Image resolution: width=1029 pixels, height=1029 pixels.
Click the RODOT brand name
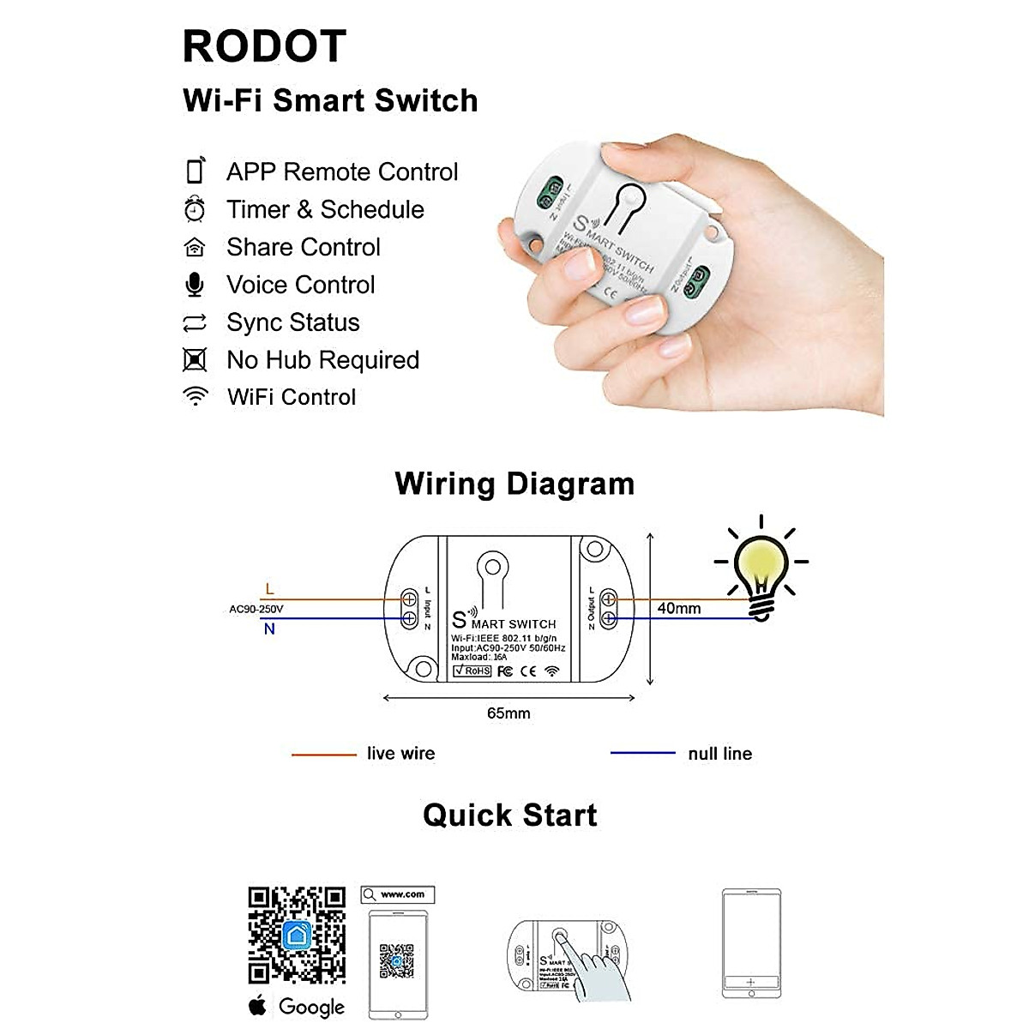(264, 47)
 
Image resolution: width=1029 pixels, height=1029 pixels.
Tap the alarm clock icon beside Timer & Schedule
(196, 209)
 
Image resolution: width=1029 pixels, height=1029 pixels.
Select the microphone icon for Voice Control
(196, 285)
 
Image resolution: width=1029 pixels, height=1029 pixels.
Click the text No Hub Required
(322, 360)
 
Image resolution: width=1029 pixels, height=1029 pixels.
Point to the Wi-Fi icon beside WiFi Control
(196, 396)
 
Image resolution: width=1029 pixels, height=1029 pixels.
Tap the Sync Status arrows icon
(196, 323)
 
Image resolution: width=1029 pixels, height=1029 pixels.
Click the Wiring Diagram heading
(514, 484)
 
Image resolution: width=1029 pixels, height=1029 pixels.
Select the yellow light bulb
(761, 566)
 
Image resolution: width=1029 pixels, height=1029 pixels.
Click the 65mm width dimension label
(508, 713)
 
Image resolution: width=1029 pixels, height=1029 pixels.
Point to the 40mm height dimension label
(679, 608)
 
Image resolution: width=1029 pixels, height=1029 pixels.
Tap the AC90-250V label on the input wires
(256, 609)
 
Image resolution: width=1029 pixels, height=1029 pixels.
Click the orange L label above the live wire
(270, 589)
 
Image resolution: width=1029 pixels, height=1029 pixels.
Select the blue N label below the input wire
(269, 629)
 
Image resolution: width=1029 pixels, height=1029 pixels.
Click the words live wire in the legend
(400, 754)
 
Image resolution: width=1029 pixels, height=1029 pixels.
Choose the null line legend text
(719, 754)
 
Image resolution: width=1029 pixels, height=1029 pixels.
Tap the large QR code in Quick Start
(297, 935)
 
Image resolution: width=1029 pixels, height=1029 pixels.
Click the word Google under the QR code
(311, 1007)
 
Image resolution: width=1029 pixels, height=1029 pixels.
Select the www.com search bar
(398, 894)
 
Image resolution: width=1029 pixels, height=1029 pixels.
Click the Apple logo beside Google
(257, 1005)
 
